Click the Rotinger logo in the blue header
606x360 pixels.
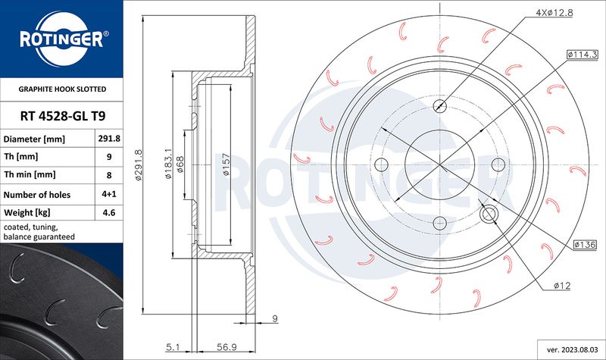tap(62, 39)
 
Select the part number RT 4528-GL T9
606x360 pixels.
tap(63, 116)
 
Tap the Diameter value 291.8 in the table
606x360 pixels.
tap(109, 139)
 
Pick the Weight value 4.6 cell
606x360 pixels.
tap(109, 213)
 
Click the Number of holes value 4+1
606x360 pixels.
tap(109, 194)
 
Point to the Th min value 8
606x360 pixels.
tap(109, 175)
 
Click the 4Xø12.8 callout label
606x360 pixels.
tap(554, 12)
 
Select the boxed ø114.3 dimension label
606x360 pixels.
tap(582, 55)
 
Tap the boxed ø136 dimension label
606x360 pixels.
tap(585, 244)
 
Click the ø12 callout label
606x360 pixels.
tap(562, 286)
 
